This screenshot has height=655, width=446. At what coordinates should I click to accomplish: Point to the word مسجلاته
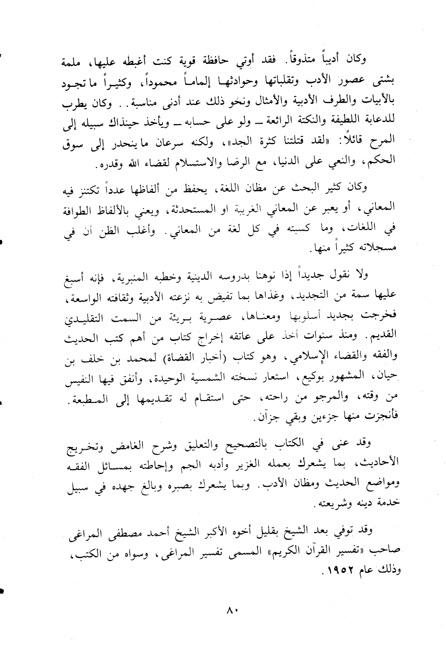point(379,248)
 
